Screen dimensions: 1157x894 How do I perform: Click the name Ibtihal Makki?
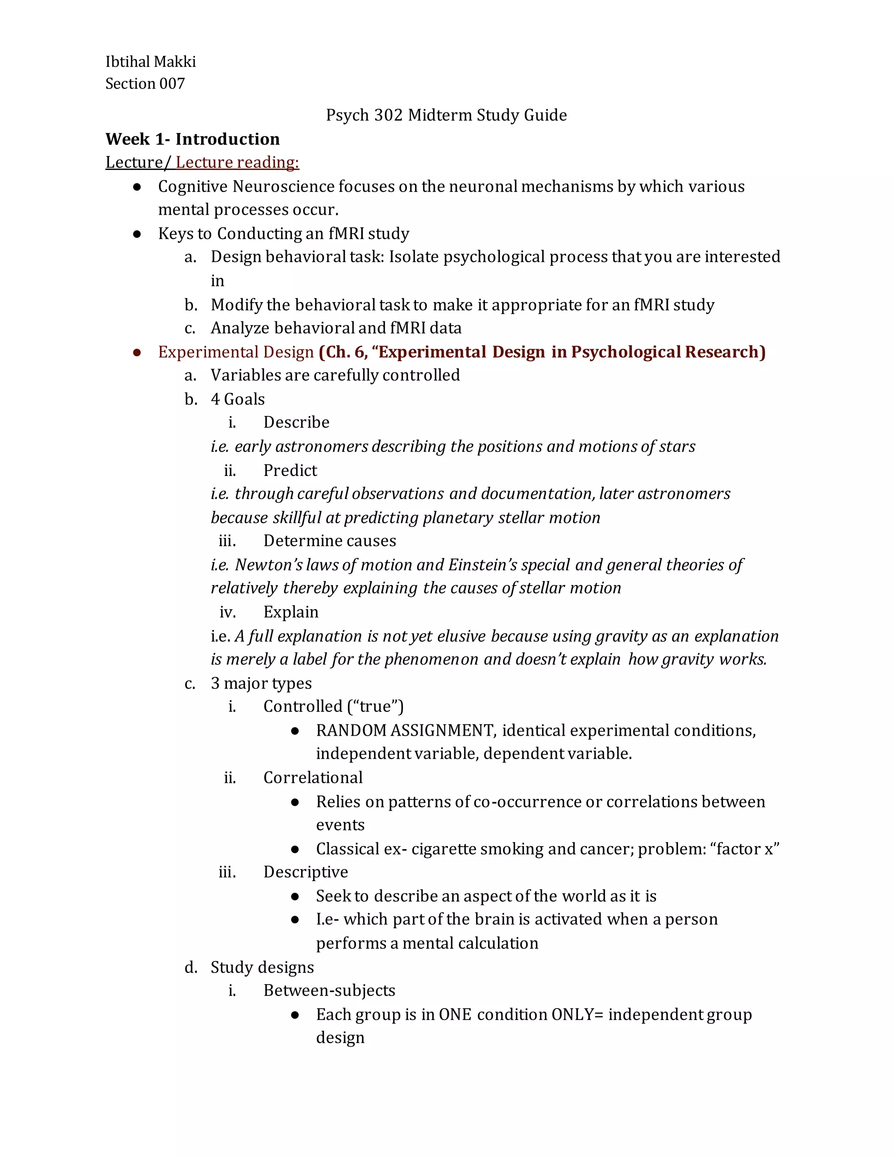pos(151,62)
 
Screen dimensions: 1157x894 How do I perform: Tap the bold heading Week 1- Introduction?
pos(192,139)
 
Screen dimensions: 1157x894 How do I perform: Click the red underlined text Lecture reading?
pos(237,162)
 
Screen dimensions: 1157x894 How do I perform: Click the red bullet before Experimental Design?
pos(137,353)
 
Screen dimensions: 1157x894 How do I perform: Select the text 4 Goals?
pos(237,399)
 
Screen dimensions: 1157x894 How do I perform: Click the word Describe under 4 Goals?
pos(296,422)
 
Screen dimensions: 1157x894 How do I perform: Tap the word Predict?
pos(290,470)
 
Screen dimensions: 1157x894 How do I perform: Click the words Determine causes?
pos(330,541)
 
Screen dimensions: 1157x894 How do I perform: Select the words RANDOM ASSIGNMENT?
pos(405,730)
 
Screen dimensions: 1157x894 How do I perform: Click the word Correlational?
pos(313,778)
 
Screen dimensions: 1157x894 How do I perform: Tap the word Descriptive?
pos(306,872)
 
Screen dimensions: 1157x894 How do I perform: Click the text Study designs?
pos(262,968)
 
